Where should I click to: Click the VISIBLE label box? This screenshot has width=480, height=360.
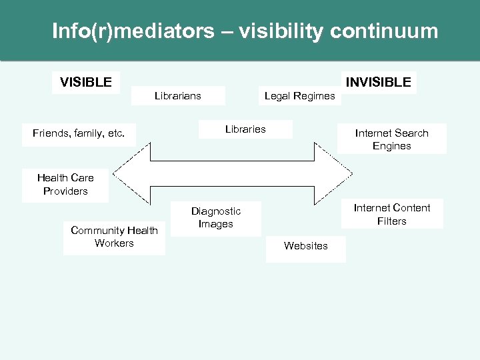(86, 83)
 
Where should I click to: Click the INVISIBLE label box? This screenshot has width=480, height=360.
(378, 83)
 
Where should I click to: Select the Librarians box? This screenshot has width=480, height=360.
(177, 96)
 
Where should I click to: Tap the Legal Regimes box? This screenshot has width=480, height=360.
(299, 96)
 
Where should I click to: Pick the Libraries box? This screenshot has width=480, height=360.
(245, 129)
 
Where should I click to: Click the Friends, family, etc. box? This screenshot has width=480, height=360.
(79, 133)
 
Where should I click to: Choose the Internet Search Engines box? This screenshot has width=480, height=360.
(391, 139)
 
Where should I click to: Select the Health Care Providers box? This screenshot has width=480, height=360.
(65, 185)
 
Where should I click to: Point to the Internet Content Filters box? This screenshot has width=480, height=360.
(391, 215)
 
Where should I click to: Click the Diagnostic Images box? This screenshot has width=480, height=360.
(216, 218)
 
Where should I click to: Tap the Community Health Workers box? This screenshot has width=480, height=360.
(114, 237)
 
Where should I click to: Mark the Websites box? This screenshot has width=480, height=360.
(305, 246)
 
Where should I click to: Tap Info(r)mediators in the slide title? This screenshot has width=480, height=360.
(133, 31)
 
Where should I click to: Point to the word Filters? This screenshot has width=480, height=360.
(391, 221)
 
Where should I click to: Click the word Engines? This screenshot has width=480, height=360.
(391, 146)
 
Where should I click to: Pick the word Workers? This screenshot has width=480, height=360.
(114, 243)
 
